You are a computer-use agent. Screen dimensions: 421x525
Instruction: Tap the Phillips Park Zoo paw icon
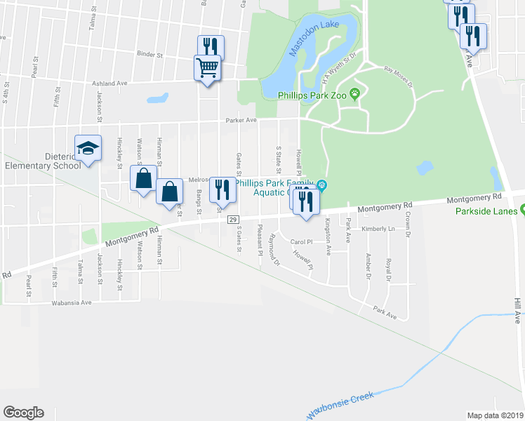click(356, 93)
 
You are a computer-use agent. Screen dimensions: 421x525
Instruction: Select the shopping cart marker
click(208, 69)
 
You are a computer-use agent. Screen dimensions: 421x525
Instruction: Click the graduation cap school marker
click(88, 149)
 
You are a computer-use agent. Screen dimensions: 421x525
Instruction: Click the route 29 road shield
click(233, 220)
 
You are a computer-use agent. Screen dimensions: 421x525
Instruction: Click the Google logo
click(24, 413)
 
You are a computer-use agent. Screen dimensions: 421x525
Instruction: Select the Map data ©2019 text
click(496, 415)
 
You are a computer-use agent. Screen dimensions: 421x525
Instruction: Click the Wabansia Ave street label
click(72, 303)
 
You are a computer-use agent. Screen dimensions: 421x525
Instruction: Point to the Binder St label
click(150, 54)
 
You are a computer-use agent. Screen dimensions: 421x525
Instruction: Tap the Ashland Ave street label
click(109, 83)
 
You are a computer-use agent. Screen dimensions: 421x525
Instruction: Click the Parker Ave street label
click(239, 120)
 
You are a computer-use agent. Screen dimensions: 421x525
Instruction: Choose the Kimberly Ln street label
click(378, 229)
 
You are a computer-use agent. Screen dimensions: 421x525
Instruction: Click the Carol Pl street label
click(303, 242)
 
